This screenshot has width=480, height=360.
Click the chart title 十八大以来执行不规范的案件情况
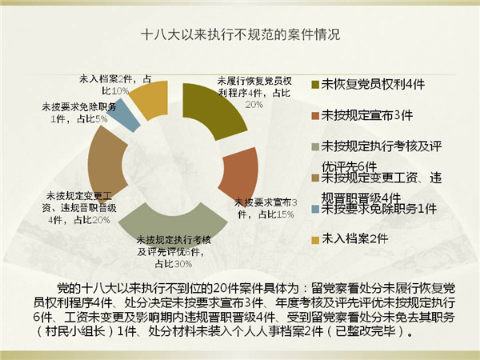coord(241,34)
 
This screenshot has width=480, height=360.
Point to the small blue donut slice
coord(125,114)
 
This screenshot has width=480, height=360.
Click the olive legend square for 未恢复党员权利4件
coord(315,85)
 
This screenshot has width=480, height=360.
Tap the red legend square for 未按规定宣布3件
coord(315,116)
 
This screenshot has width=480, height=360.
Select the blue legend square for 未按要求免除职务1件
coord(315,210)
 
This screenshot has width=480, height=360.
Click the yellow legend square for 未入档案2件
coord(315,240)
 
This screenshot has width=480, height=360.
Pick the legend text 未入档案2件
coord(354,238)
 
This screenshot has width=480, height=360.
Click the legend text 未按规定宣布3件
coord(367,116)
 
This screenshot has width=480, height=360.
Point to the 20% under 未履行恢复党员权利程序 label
coord(254,105)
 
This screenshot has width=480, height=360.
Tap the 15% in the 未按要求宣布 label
coord(285,214)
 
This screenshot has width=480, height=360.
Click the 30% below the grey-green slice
coord(182,264)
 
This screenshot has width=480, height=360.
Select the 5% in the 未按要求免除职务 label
coord(102,119)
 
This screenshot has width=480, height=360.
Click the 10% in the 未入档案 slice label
coord(120,91)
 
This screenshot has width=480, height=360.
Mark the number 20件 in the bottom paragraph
coord(224,288)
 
